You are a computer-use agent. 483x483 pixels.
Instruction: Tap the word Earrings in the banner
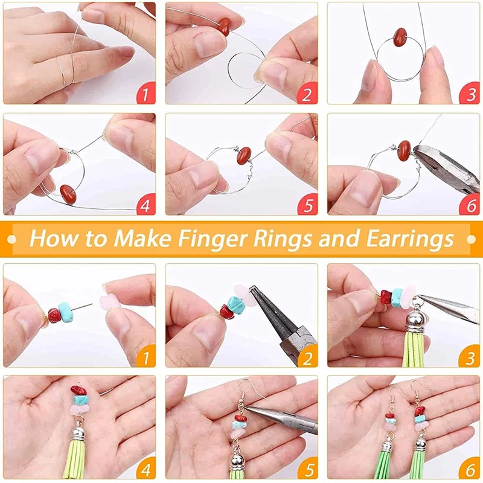click(410, 238)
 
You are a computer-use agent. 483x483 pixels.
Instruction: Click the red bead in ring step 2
click(225, 26)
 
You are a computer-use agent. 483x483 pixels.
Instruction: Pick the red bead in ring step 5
click(243, 155)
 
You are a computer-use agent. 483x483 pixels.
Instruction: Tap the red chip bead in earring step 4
click(77, 390)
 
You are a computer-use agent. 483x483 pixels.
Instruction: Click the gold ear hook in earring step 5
click(244, 389)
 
